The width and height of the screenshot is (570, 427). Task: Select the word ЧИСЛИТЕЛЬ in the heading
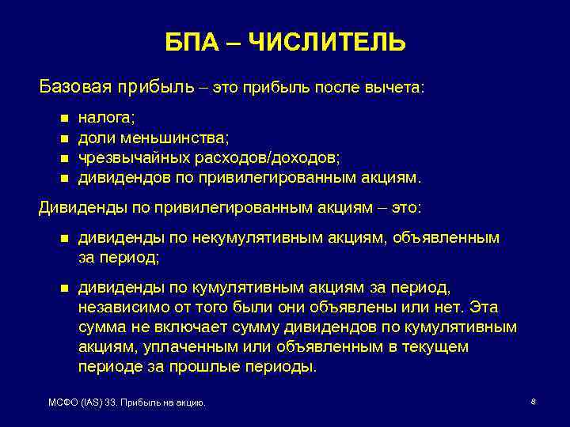click(326, 42)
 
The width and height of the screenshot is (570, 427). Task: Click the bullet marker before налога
click(64, 119)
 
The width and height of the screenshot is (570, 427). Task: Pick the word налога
click(106, 119)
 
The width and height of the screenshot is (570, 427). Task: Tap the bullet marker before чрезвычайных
click(64, 158)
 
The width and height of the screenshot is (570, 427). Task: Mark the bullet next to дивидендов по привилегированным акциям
click(64, 178)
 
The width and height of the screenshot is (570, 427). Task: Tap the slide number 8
click(534, 402)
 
